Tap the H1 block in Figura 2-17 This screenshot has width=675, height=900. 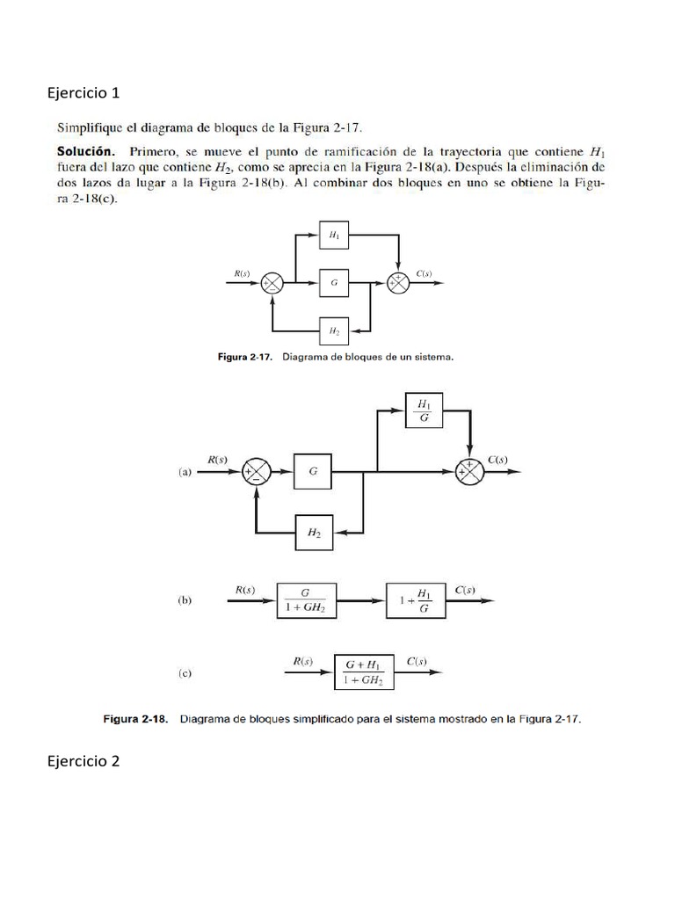pyautogui.click(x=335, y=236)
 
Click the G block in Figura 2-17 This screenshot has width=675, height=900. pyautogui.click(x=335, y=283)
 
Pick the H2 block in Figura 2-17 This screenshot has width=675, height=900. pyautogui.click(x=335, y=331)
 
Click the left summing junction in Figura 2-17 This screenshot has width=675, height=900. pyautogui.click(x=272, y=283)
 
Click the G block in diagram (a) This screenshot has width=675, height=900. pyautogui.click(x=313, y=472)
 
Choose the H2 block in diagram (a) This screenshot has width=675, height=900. pyautogui.click(x=314, y=533)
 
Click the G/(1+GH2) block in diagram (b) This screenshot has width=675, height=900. pyautogui.click(x=308, y=601)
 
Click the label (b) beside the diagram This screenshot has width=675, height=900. pyautogui.click(x=185, y=601)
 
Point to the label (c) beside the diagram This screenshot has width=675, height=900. pyautogui.click(x=185, y=674)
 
